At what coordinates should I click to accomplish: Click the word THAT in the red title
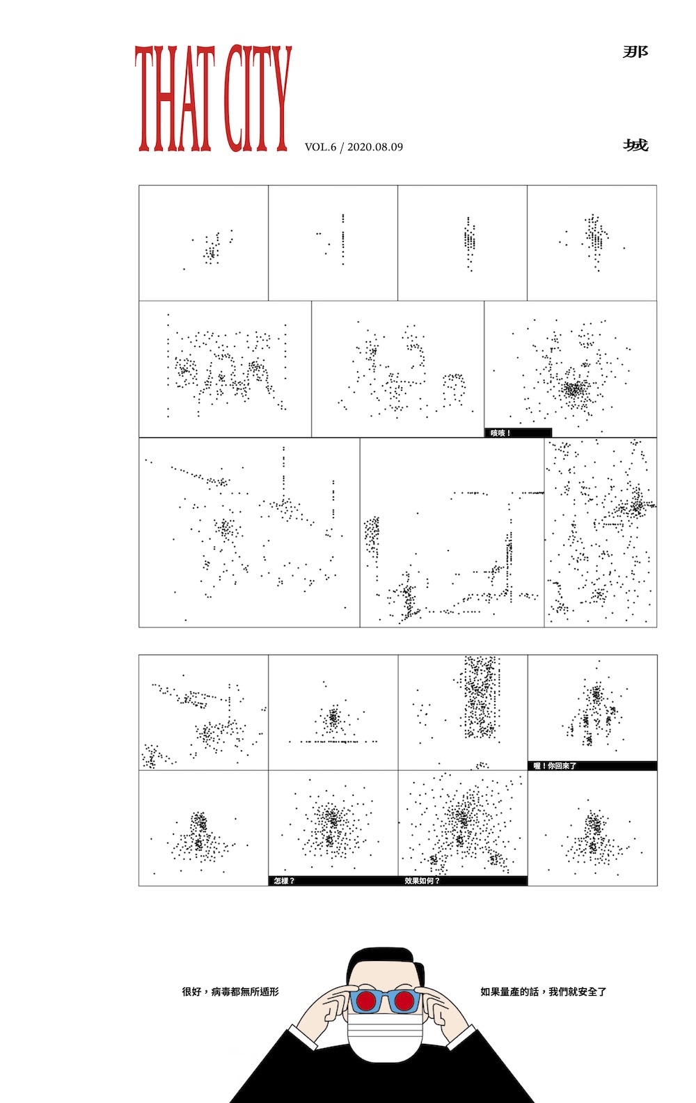pyautogui.click(x=175, y=98)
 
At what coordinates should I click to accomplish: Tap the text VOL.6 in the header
pyautogui.click(x=320, y=147)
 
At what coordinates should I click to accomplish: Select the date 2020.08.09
pyautogui.click(x=375, y=147)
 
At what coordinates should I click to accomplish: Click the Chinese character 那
pyautogui.click(x=635, y=52)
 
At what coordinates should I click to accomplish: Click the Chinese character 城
pyautogui.click(x=635, y=146)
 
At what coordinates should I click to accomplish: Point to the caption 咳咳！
pyautogui.click(x=500, y=433)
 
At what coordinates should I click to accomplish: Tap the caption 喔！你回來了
pyautogui.click(x=555, y=766)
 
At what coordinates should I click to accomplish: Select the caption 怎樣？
pyautogui.click(x=284, y=881)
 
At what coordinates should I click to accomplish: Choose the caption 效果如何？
pyautogui.click(x=422, y=881)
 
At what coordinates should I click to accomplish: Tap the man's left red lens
pyautogui.click(x=365, y=1001)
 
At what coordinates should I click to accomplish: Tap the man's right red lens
pyautogui.click(x=404, y=1001)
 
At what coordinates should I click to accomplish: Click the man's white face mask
pyautogui.click(x=385, y=1034)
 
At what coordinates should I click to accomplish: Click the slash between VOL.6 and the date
pyautogui.click(x=342, y=147)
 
